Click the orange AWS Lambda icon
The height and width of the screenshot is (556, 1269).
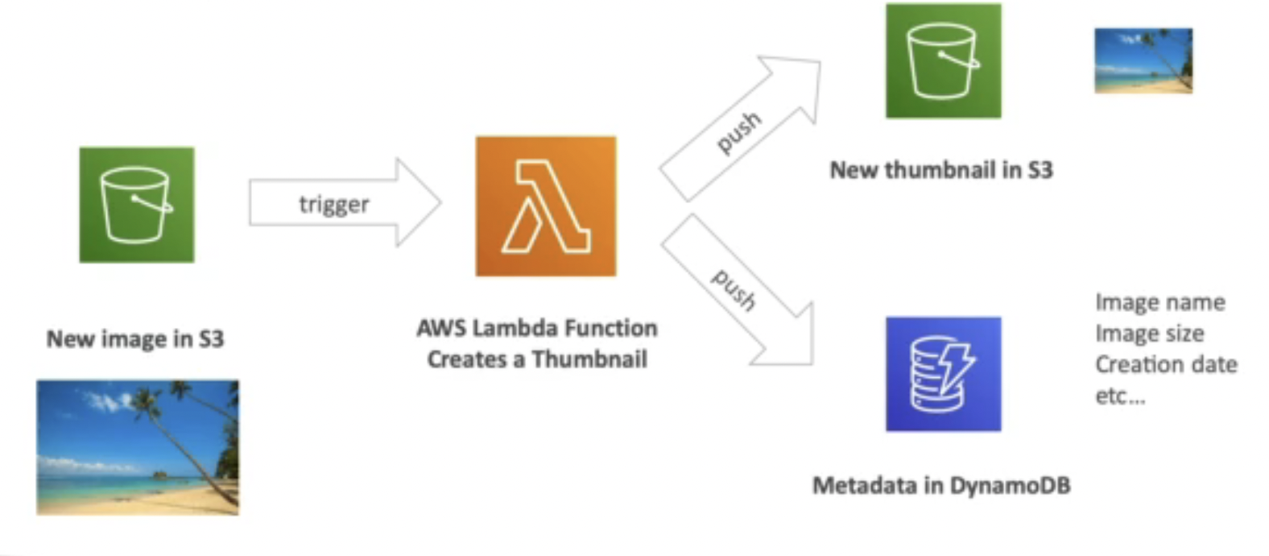coord(545,206)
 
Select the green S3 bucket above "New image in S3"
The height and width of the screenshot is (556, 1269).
coord(136,205)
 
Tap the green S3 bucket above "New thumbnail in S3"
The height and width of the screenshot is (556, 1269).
coord(943,61)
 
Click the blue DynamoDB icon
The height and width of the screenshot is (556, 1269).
coord(943,374)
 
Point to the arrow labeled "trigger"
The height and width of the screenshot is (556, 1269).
coord(345,203)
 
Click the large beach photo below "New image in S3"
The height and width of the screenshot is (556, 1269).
coord(138,447)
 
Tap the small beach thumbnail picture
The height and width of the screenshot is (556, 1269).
coord(1143,60)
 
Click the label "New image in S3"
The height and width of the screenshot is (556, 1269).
coord(135,338)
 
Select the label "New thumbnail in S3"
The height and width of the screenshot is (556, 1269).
coord(941,170)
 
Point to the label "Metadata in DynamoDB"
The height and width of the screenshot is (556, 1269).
coord(941,485)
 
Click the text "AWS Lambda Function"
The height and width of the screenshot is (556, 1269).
coord(537,328)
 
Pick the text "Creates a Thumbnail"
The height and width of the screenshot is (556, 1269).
coord(537,359)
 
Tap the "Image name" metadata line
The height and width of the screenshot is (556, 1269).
coord(1159,302)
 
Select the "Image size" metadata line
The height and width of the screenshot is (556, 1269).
coord(1149,334)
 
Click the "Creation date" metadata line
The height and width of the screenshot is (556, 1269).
coord(1165,364)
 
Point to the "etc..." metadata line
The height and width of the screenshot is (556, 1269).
coord(1119,396)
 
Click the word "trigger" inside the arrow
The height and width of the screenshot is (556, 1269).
coord(334,205)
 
